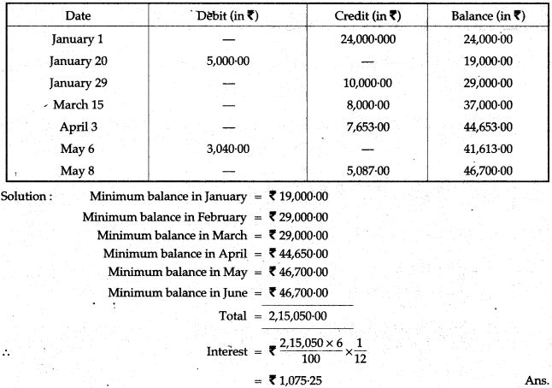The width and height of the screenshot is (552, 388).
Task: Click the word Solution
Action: (26, 195)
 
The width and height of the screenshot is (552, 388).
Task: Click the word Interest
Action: (226, 351)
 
